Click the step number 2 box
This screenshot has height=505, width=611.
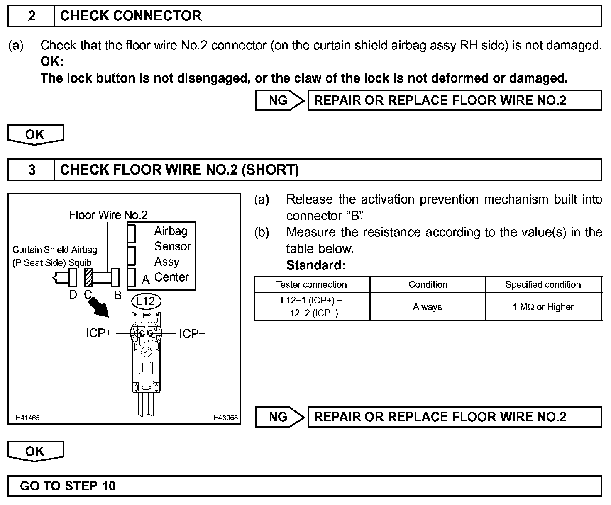(x=32, y=16)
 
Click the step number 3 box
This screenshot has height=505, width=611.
(x=32, y=170)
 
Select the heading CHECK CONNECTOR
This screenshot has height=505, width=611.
(x=131, y=16)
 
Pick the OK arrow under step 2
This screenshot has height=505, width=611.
(x=35, y=134)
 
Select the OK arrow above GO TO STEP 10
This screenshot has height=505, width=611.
(x=35, y=451)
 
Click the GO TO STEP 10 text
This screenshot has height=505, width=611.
(x=68, y=486)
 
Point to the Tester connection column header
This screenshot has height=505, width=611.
(x=311, y=285)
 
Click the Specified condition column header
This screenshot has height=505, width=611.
(x=543, y=285)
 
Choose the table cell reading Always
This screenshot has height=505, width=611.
(x=428, y=307)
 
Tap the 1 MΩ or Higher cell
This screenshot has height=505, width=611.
(x=543, y=307)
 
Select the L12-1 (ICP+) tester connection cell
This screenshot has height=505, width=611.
(x=311, y=307)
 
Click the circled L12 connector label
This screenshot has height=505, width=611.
(x=145, y=301)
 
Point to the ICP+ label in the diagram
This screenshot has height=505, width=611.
(x=99, y=333)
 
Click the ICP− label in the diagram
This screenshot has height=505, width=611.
(x=192, y=334)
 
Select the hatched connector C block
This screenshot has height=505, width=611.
(x=88, y=277)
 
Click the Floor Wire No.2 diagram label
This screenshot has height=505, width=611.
(x=108, y=215)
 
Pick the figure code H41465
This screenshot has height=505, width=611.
(x=28, y=418)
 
